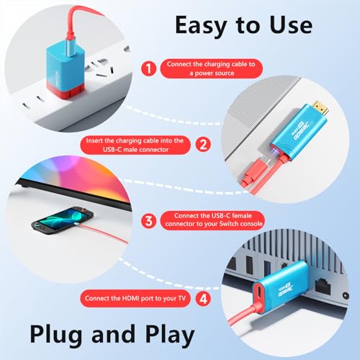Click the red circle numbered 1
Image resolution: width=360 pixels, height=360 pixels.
149,68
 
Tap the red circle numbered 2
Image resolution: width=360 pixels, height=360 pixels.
203,145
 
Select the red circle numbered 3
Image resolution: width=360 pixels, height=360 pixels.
149,221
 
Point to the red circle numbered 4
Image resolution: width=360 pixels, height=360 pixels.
203,299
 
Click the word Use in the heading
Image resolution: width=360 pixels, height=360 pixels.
291,25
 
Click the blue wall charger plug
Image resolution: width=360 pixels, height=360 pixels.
66,70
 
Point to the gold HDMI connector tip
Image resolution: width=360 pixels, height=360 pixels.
320,108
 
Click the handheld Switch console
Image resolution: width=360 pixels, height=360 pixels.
62,220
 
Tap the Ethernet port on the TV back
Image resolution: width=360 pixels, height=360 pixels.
323,286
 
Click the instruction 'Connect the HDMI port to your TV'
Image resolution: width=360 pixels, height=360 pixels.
135,298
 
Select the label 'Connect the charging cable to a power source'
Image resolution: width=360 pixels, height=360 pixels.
211,68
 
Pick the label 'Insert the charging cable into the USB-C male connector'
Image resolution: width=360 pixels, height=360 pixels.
135,145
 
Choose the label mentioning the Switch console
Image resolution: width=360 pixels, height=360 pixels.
212,220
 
